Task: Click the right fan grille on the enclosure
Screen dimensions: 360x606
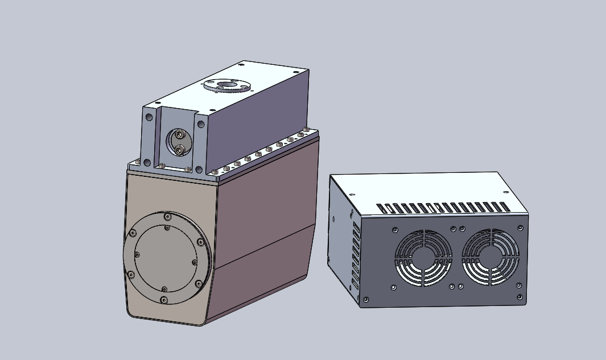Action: [x=490, y=258]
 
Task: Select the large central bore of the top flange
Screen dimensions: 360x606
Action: [x=228, y=85]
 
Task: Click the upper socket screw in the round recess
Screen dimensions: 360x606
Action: [x=180, y=135]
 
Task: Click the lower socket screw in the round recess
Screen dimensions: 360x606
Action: [x=180, y=150]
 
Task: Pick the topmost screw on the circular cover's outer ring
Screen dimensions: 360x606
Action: [x=166, y=217]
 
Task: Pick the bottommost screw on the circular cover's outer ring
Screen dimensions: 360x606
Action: [x=164, y=300]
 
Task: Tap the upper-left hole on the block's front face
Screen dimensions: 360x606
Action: [x=149, y=117]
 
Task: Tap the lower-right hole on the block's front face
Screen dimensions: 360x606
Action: [x=199, y=168]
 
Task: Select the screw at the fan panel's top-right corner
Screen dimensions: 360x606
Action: [x=520, y=227]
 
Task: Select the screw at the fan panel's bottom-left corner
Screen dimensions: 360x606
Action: [x=366, y=299]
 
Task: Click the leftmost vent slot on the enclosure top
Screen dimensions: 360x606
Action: [x=381, y=208]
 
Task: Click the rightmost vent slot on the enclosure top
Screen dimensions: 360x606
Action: [x=504, y=206]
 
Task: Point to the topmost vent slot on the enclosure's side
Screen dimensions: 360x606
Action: [x=357, y=226]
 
